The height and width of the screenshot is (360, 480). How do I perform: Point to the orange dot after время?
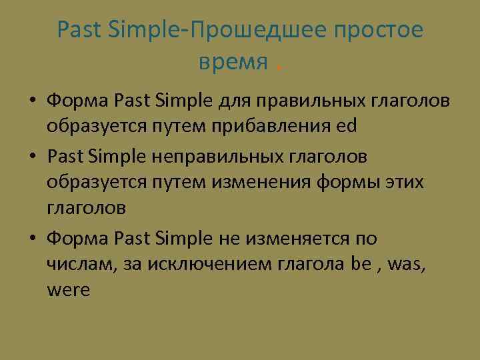coord(278,68)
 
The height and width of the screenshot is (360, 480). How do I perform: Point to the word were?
coord(68,291)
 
